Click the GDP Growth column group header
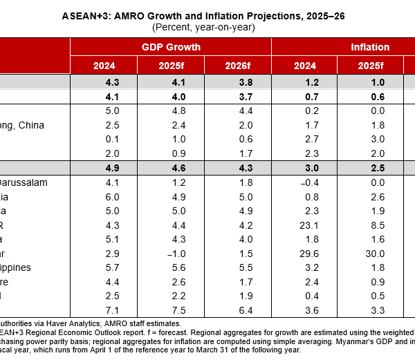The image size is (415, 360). click(x=170, y=47)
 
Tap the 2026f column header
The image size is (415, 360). click(x=238, y=66)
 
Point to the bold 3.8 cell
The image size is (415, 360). click(x=238, y=82)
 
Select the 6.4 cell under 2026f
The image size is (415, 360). click(x=238, y=310)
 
